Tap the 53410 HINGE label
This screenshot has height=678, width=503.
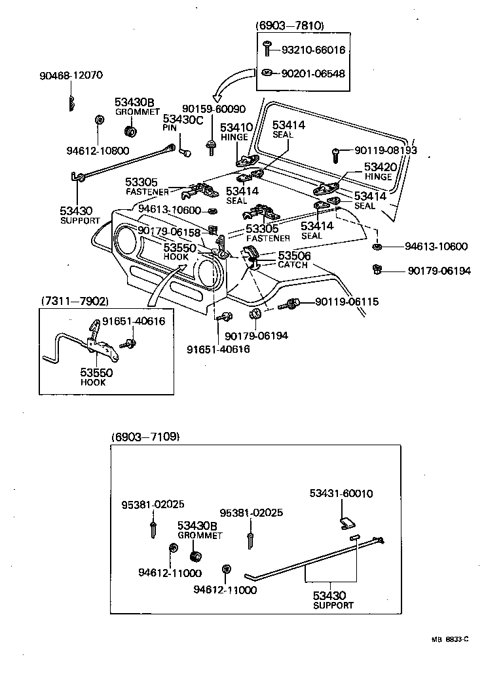tap(236, 132)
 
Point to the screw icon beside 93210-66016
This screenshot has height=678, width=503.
tap(268, 49)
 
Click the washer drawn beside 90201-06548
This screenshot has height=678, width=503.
tap(268, 73)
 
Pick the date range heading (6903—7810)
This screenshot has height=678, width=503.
tap(289, 26)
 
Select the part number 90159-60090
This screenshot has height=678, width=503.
tap(214, 109)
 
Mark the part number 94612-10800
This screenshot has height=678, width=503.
tap(98, 150)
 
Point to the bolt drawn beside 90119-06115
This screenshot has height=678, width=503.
tap(289, 304)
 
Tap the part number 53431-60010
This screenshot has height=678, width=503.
tap(341, 493)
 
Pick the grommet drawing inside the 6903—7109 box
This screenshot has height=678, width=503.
tap(195, 557)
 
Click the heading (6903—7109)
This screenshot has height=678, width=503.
tap(145, 436)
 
